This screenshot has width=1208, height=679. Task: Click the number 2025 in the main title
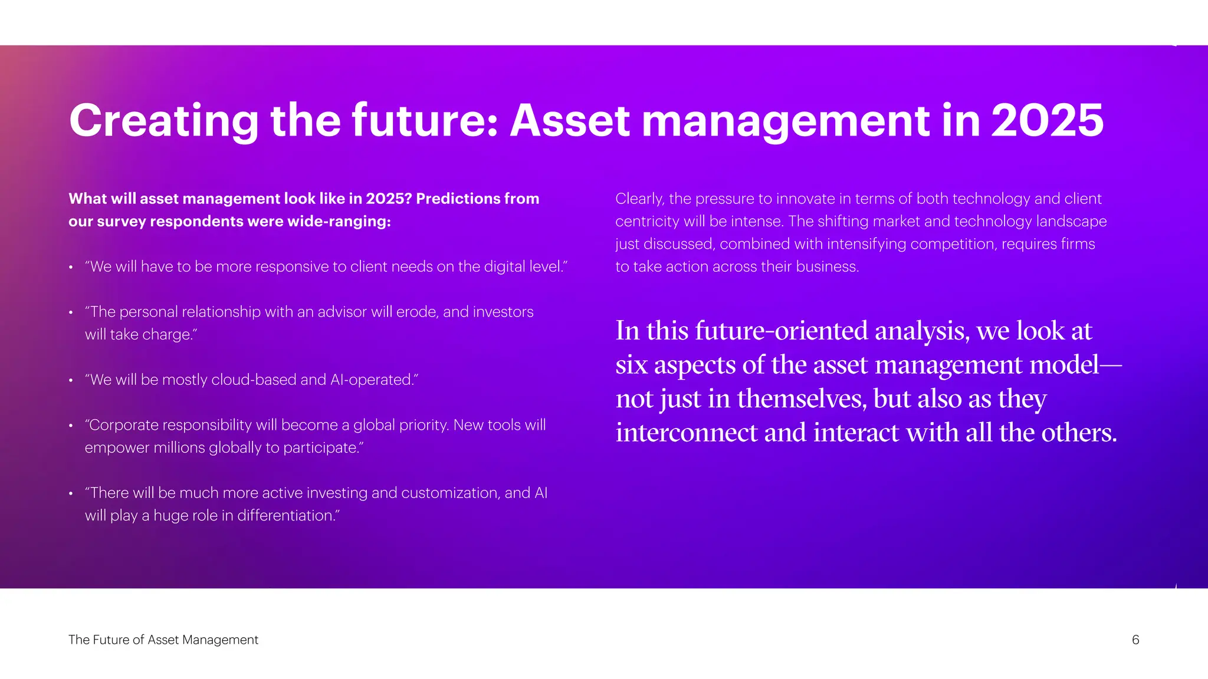(1047, 120)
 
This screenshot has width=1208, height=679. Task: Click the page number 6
(1135, 640)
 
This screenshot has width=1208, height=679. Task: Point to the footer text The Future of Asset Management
(163, 640)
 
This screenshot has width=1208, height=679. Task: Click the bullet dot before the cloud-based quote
(71, 381)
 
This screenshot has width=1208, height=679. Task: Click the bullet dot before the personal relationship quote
(71, 313)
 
